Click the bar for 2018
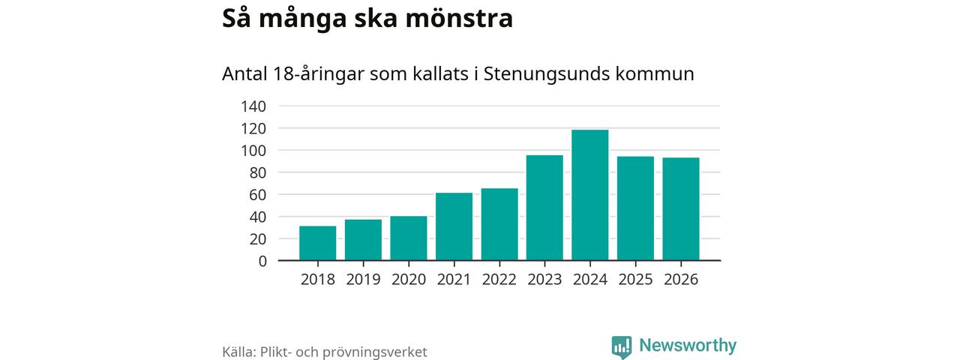pos(317,243)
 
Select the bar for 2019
pos(363,240)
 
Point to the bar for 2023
pos(544,208)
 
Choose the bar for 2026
pos(680,209)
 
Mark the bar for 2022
pos(499,224)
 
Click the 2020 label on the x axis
pos(408,280)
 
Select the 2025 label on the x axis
pos(635,280)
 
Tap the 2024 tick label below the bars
pos(589,280)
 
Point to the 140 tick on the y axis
pos(253,106)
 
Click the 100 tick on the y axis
pos(253,151)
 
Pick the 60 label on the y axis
pos(257,195)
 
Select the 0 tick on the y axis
pos(262,261)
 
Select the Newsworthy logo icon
pos(621,346)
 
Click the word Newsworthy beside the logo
pos(688,346)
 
